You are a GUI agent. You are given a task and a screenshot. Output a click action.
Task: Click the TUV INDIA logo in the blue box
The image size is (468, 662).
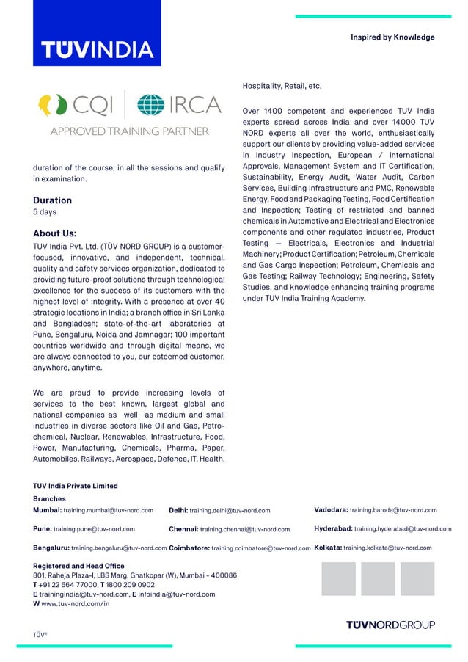[x=97, y=49]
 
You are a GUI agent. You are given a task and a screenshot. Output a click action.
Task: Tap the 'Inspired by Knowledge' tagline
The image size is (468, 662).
[x=392, y=37]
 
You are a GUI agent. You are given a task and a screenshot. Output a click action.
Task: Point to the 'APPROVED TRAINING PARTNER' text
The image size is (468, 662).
[x=129, y=131]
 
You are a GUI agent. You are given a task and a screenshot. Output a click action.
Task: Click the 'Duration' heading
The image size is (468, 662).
[x=52, y=200]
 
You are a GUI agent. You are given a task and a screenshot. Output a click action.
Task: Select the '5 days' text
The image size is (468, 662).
[x=45, y=213]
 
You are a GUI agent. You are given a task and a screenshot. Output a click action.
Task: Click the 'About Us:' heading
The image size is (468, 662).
[x=55, y=233]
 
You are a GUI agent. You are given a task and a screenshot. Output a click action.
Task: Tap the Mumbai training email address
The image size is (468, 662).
[x=109, y=510]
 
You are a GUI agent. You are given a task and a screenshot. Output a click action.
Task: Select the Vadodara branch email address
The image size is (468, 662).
[x=392, y=510]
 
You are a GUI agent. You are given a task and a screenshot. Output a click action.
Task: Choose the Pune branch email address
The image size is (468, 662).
[x=94, y=529]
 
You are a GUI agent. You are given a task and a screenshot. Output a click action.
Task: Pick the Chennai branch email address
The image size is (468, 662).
[x=244, y=529]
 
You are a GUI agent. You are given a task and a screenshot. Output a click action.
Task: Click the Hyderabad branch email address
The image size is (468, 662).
[x=402, y=529]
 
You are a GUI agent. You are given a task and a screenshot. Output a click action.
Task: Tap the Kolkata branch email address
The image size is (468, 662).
[x=387, y=548]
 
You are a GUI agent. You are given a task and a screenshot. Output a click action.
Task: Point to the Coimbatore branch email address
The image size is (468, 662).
[x=260, y=548]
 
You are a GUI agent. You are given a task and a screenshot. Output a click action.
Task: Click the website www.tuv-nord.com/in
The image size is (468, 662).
[x=76, y=603]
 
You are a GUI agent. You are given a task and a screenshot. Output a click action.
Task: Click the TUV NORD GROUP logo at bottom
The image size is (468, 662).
[x=390, y=625]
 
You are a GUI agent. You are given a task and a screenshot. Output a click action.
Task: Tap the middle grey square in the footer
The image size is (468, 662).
[x=377, y=579]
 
